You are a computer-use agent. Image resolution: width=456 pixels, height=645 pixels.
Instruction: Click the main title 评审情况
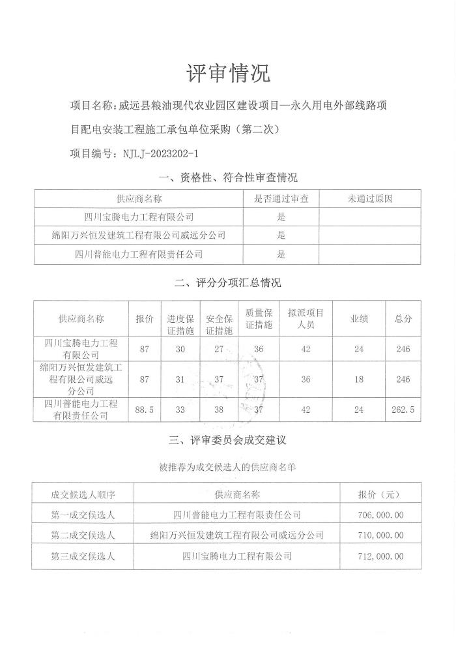point(228,73)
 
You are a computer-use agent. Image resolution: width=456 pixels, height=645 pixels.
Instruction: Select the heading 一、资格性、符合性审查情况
point(228,177)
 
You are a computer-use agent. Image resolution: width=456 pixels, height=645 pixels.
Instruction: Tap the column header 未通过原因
point(370,199)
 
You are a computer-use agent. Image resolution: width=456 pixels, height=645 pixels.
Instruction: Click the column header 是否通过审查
point(281,199)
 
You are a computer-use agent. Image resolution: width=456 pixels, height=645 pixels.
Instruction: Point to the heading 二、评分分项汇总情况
point(228,283)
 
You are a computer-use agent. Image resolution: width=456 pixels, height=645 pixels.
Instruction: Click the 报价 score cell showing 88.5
point(144,410)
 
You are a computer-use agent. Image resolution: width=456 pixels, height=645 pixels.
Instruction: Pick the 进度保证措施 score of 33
point(181,410)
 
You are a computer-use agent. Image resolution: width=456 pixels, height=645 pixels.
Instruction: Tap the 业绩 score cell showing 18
point(358,379)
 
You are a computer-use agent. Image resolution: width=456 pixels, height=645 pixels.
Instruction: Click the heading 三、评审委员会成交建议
point(228,441)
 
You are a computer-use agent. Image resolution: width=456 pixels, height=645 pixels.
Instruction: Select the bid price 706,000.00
point(380,515)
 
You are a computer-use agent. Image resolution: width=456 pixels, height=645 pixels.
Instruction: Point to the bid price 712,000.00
point(380,556)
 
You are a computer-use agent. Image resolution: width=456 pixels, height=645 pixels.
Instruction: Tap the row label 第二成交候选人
point(83,535)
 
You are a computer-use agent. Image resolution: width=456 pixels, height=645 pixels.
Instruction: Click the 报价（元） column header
point(380,494)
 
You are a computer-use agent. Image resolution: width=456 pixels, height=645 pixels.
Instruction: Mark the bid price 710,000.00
point(380,535)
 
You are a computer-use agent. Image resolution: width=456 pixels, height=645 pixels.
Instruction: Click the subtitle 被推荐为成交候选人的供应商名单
point(228,468)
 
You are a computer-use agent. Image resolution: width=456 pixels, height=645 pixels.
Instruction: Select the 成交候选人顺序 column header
point(83,494)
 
